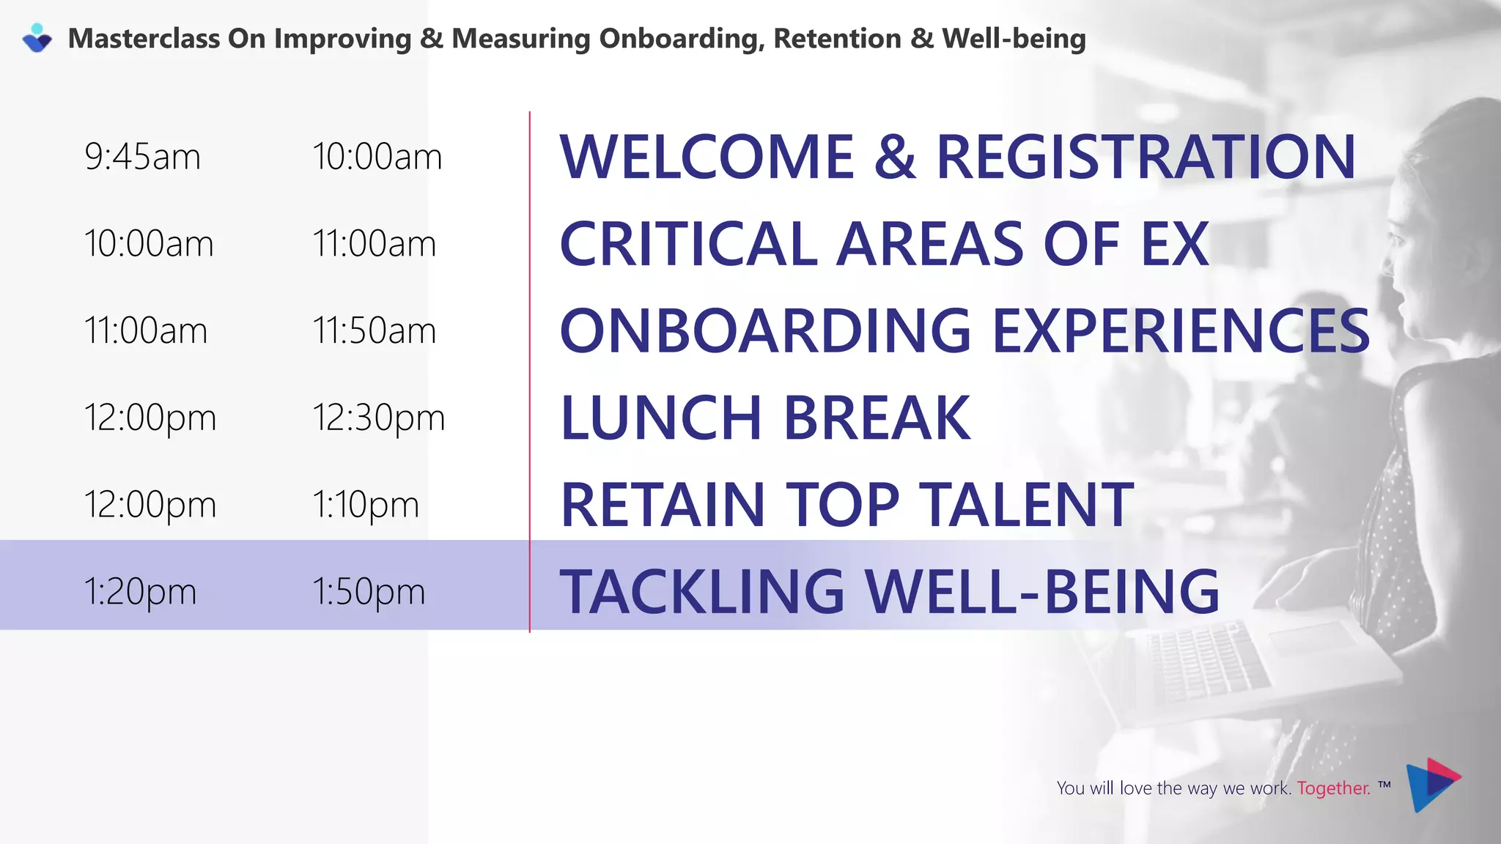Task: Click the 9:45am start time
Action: click(142, 157)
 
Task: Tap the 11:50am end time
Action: click(374, 330)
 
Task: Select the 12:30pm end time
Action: click(378, 418)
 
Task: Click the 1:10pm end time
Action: click(366, 505)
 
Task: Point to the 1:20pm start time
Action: click(140, 591)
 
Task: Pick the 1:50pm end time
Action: click(369, 591)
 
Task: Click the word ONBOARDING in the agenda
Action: click(765, 330)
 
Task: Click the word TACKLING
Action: click(702, 591)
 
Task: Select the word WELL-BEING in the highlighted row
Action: click(1041, 591)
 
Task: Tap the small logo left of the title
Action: click(37, 38)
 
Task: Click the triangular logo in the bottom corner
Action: click(1432, 785)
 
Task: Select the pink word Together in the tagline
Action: click(1333, 788)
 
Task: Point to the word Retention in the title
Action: click(837, 39)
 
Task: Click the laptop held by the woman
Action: click(1246, 659)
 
